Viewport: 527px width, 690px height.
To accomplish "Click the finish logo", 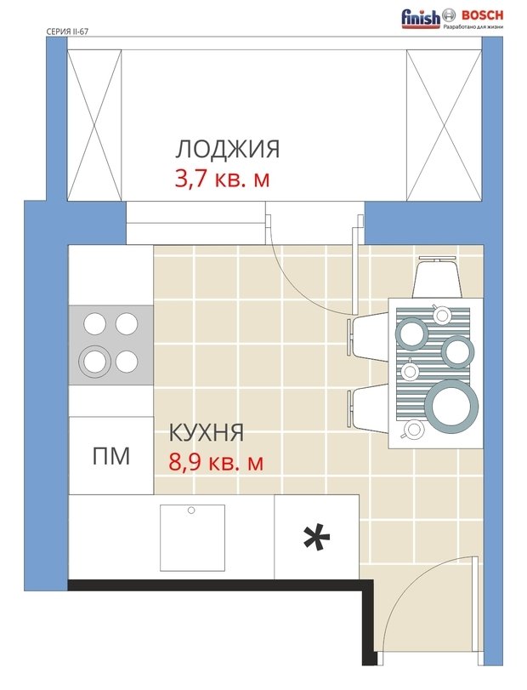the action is tap(420, 18).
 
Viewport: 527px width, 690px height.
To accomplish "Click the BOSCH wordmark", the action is tap(482, 15).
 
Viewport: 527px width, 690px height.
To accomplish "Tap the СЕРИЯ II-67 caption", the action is tap(67, 31).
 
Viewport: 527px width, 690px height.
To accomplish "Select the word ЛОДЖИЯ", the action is tap(227, 149).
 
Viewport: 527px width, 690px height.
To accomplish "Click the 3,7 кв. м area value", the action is tap(222, 180).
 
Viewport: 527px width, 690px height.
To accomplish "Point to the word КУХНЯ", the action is tap(207, 432).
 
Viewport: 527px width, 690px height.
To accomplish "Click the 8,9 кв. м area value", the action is tap(216, 462).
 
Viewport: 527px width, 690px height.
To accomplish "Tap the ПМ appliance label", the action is tap(111, 456).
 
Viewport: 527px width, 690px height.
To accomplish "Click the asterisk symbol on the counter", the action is tap(316, 538).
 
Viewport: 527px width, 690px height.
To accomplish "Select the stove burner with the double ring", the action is tap(94, 362).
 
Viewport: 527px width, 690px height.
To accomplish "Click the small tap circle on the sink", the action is tap(191, 510).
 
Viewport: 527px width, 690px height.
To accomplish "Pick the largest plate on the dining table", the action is tap(451, 405).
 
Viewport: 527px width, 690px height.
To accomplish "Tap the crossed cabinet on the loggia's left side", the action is tap(94, 125).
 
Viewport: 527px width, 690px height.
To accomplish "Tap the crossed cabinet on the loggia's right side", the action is tap(445, 125).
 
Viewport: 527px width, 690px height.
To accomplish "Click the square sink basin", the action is tap(192, 538).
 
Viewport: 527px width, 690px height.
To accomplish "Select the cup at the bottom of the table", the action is tap(413, 429).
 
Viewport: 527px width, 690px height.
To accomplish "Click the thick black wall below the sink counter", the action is tap(220, 585).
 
